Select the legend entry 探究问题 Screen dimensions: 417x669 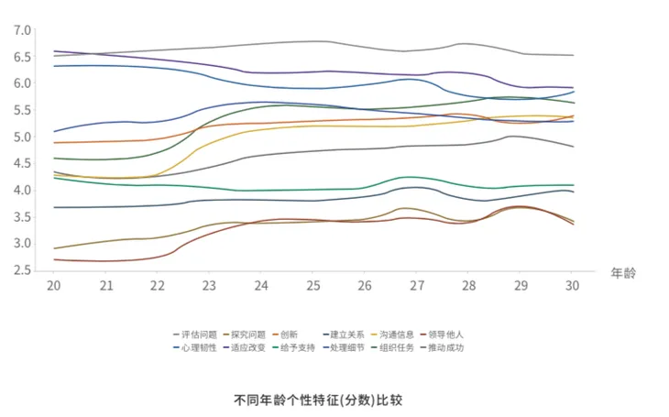[x=248, y=335]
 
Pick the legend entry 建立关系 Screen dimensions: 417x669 [x=346, y=335]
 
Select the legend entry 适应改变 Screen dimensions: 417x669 [x=248, y=347]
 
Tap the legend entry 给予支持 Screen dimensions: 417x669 [x=297, y=347]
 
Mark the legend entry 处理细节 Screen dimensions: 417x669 [x=346, y=347]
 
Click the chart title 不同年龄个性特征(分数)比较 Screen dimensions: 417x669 [x=318, y=401]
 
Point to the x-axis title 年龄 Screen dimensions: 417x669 [x=624, y=272]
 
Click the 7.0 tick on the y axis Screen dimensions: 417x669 [x=23, y=30]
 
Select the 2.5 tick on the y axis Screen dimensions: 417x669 [x=23, y=270]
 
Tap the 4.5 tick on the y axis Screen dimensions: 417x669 [x=23, y=164]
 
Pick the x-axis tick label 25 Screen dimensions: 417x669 [x=313, y=287]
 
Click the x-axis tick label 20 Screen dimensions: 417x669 [x=55, y=287]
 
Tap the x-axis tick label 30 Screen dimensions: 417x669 [x=572, y=287]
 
